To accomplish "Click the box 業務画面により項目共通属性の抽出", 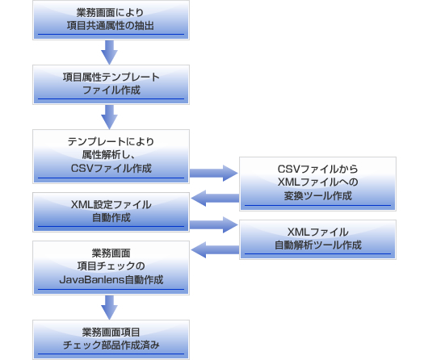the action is click(111, 20).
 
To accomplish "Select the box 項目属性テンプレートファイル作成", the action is click(111, 85).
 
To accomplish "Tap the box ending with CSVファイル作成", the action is click(111, 157).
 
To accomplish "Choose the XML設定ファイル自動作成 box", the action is click(111, 212).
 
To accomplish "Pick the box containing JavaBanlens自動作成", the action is click(111, 268).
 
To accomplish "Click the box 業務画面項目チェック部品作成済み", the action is click(111, 340).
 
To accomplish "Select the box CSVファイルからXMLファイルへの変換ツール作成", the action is click(317, 184).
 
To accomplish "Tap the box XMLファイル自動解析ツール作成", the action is click(317, 240).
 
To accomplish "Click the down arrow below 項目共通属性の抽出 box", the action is click(109, 52).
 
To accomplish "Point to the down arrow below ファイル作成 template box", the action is click(109, 117).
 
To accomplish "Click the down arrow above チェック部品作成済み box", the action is click(109, 308).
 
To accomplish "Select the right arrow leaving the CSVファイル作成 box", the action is click(214, 174).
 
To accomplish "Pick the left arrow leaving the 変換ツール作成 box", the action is click(215, 198).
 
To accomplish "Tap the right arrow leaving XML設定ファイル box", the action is click(214, 225).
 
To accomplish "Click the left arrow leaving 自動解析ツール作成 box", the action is click(215, 249).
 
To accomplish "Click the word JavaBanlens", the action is click(92, 280).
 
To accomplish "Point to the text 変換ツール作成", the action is click(317, 196).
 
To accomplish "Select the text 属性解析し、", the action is click(109, 155).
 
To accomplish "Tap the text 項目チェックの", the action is click(111, 266).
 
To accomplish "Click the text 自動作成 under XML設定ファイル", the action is click(111, 218).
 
